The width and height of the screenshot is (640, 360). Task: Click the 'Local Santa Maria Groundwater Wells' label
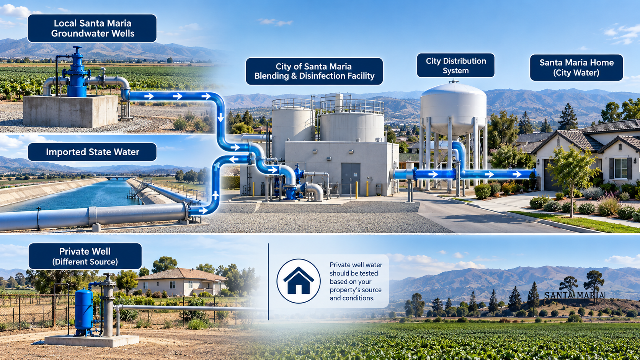[x=92, y=28]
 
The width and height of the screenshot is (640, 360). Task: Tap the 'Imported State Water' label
[x=92, y=152]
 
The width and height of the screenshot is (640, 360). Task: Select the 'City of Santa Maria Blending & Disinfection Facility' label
[x=314, y=71]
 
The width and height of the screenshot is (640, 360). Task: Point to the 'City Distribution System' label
[x=456, y=65]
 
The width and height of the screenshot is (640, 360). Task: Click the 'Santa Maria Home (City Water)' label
[x=576, y=67]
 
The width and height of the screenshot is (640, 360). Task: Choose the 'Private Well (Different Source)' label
[x=85, y=256]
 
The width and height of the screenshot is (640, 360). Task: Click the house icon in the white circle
[x=299, y=281]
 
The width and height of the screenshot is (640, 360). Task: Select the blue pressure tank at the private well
[x=84, y=312]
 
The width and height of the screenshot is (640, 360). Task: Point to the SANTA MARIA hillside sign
[x=574, y=295]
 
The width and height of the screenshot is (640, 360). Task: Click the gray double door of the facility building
[x=351, y=179]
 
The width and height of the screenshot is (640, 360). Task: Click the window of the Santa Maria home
[x=620, y=168]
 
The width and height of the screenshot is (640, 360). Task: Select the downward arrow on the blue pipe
[x=220, y=117]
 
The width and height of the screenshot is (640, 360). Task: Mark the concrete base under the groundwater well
[x=70, y=111]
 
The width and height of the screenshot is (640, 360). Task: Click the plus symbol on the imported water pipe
[x=216, y=195]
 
